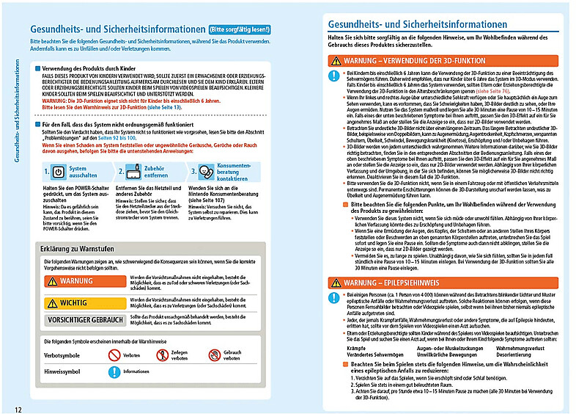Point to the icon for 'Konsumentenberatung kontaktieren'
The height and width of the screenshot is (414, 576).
[203, 173]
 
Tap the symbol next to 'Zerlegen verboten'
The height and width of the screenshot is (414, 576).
[162, 355]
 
